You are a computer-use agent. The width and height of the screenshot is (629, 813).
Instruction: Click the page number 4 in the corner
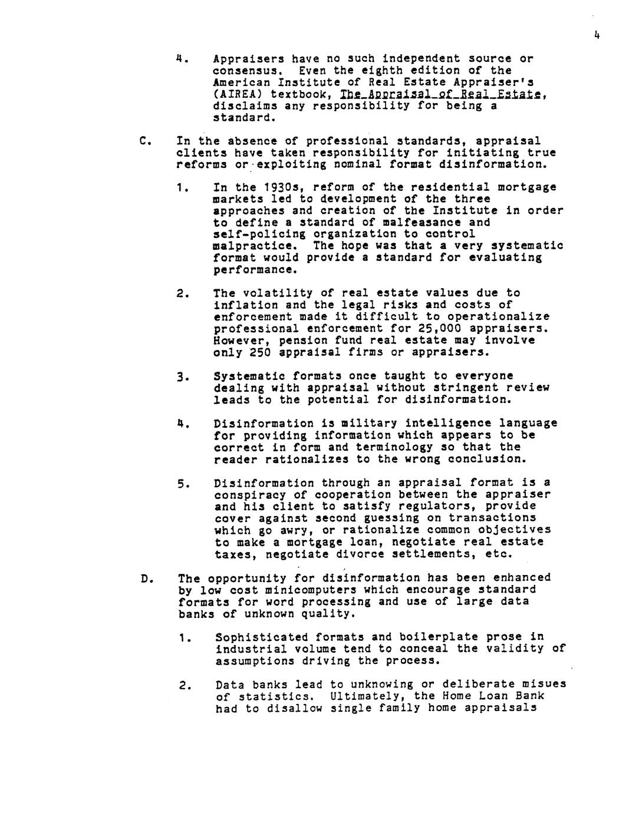[597, 36]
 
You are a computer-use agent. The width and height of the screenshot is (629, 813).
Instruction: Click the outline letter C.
[143, 141]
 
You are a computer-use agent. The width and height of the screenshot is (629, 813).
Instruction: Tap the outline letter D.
[144, 578]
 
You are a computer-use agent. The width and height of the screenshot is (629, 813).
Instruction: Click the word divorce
[360, 554]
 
